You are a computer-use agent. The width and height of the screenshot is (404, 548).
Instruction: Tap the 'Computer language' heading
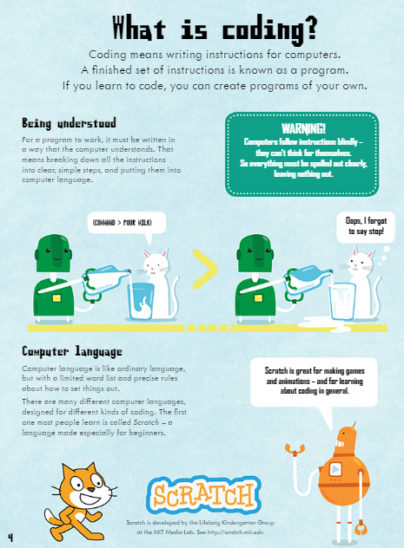click(73, 351)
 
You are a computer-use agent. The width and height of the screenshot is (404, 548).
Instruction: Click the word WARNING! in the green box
click(302, 127)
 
